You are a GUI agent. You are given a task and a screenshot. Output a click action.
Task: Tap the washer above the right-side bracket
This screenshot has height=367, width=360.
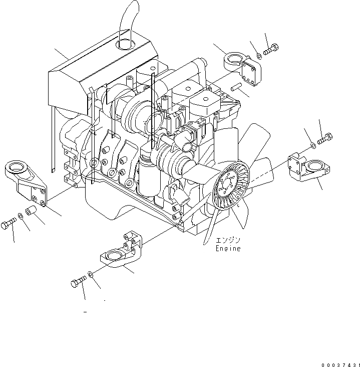[312, 145]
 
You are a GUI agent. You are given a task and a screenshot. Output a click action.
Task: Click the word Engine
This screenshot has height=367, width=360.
[228, 248]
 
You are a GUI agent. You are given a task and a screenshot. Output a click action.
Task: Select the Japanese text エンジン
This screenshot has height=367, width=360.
[228, 240]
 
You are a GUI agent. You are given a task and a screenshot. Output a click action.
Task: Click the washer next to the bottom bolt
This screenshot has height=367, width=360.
[90, 275]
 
